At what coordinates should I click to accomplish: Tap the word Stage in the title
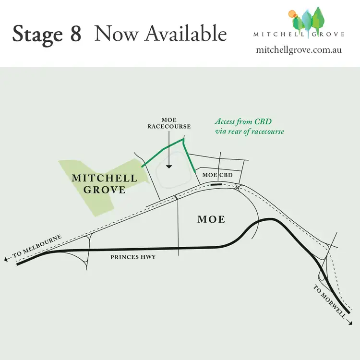(39, 34)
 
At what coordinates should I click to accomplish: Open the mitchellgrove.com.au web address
(299, 49)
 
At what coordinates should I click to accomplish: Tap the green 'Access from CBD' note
(249, 127)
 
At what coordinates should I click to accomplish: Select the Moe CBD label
(217, 175)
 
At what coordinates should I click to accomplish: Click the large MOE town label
(211, 219)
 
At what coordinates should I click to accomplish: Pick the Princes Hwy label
(133, 257)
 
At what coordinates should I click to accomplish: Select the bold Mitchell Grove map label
(104, 183)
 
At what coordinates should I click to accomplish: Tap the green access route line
(167, 147)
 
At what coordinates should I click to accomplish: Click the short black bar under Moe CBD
(216, 184)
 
